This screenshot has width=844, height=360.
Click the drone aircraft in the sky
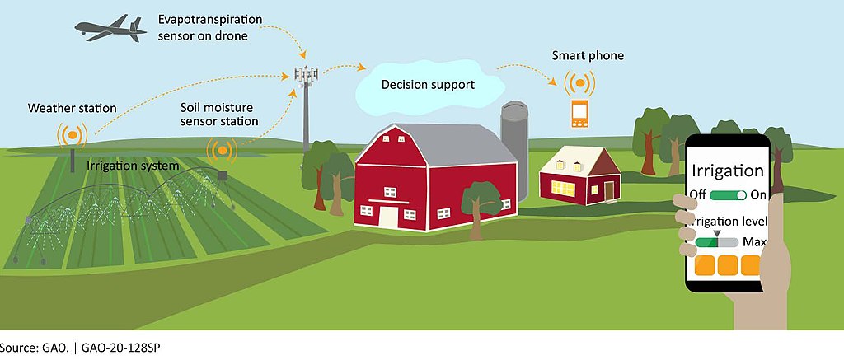[x=111, y=28]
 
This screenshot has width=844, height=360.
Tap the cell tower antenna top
[x=306, y=74]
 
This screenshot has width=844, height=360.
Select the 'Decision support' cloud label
[x=429, y=85]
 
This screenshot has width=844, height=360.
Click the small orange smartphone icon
[x=579, y=114]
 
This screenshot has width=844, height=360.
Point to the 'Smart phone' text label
[x=588, y=55]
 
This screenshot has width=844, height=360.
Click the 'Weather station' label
[x=73, y=108]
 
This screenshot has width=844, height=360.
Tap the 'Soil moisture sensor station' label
[x=219, y=114]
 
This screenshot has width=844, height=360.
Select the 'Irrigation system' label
[x=133, y=166]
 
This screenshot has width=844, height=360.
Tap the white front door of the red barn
[x=387, y=217]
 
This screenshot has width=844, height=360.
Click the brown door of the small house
[x=609, y=191]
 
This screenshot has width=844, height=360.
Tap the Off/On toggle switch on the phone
[x=729, y=194]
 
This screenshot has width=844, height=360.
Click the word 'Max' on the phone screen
[x=754, y=242]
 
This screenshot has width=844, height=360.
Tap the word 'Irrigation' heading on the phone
[x=727, y=171]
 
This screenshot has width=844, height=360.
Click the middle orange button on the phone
[x=728, y=265]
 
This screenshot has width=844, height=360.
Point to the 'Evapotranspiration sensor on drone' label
[x=210, y=28]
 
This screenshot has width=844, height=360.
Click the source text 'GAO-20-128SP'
[x=120, y=348]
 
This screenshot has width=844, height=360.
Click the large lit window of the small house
[x=563, y=188]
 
